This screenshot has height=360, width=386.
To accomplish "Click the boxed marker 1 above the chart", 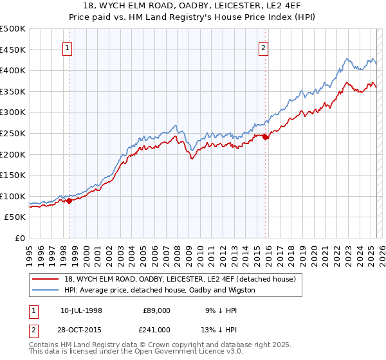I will click(68, 47).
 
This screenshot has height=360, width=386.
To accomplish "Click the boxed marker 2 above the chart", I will click(264, 47).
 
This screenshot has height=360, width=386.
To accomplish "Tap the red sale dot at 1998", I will click(69, 201).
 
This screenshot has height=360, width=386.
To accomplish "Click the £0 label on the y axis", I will click(21, 238).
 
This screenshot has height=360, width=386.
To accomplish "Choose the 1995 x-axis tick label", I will click(30, 254).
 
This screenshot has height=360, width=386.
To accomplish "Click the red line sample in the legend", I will click(45, 279).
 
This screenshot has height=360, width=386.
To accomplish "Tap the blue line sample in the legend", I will click(45, 290).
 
